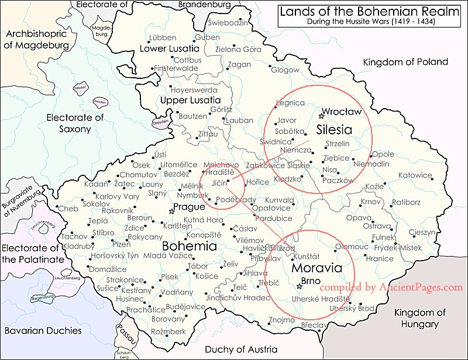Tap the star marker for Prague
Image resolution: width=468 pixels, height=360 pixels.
(x=171, y=211)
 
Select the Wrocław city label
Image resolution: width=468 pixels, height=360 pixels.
(x=342, y=111)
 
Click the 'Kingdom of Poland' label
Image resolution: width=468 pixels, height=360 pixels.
(x=405, y=62)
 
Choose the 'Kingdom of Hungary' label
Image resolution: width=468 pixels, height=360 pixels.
(x=420, y=319)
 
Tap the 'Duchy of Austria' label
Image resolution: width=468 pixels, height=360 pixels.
(x=240, y=349)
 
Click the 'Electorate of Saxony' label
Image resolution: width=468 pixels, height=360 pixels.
(x=74, y=123)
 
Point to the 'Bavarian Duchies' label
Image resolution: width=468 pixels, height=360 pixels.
(x=43, y=330)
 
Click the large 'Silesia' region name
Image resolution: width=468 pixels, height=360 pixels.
(x=334, y=129)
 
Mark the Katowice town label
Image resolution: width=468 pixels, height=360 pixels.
(x=415, y=175)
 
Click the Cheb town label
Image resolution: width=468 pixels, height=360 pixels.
(x=68, y=209)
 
